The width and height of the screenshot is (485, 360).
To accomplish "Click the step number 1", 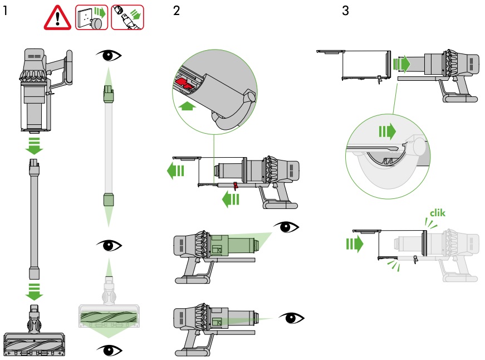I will [x=5, y=11].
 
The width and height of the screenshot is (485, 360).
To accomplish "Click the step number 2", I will [x=177, y=11].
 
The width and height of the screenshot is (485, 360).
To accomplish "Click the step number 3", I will [x=345, y=11].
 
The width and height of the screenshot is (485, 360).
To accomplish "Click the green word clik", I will [x=438, y=212].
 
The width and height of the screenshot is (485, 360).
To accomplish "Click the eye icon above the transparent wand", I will [x=108, y=55].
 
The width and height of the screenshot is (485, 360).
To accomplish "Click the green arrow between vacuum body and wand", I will [x=35, y=145].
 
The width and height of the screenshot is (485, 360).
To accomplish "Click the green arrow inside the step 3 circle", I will [x=387, y=132].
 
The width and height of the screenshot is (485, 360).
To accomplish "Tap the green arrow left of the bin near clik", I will [x=354, y=244].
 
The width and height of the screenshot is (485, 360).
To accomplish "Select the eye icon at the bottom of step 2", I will [x=293, y=318].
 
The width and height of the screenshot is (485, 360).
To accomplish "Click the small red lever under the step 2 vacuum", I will [x=236, y=186].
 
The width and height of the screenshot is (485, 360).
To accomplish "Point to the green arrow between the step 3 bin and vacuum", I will [x=400, y=64].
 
